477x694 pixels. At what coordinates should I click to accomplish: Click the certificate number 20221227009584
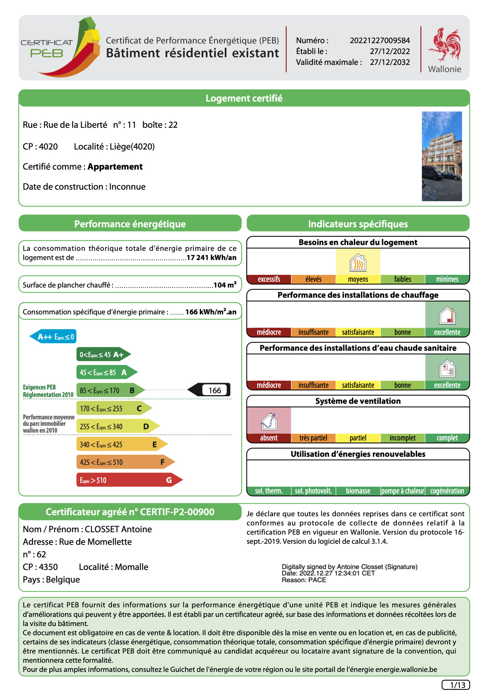pyautogui.click(x=380, y=41)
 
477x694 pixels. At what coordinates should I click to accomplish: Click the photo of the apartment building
pyautogui.click(x=442, y=156)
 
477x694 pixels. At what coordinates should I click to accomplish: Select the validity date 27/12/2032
pyautogui.click(x=390, y=63)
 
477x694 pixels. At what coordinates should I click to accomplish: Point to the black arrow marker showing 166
pyautogui.click(x=209, y=390)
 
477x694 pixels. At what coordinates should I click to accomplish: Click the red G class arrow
pyautogui.click(x=129, y=480)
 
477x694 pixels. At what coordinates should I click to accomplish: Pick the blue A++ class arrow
pyautogui.click(x=53, y=337)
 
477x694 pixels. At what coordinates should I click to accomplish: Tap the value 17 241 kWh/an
pyautogui.click(x=211, y=258)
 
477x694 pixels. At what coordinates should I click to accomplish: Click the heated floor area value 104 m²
pyautogui.click(x=225, y=285)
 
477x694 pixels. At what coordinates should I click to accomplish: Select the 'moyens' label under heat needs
pyautogui.click(x=358, y=279)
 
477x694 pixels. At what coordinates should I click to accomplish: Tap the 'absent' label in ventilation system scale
pyautogui.click(x=269, y=438)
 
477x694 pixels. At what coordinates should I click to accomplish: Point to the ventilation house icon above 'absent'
pyautogui.click(x=269, y=421)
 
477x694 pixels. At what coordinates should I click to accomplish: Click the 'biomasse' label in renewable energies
pyautogui.click(x=358, y=491)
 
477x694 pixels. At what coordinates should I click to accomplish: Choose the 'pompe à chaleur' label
pyautogui.click(x=402, y=491)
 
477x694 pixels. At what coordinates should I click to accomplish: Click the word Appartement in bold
pyautogui.click(x=115, y=167)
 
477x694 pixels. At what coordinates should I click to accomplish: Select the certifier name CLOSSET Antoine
pyautogui.click(x=118, y=529)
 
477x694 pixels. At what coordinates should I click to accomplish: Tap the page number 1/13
pyautogui.click(x=456, y=685)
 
